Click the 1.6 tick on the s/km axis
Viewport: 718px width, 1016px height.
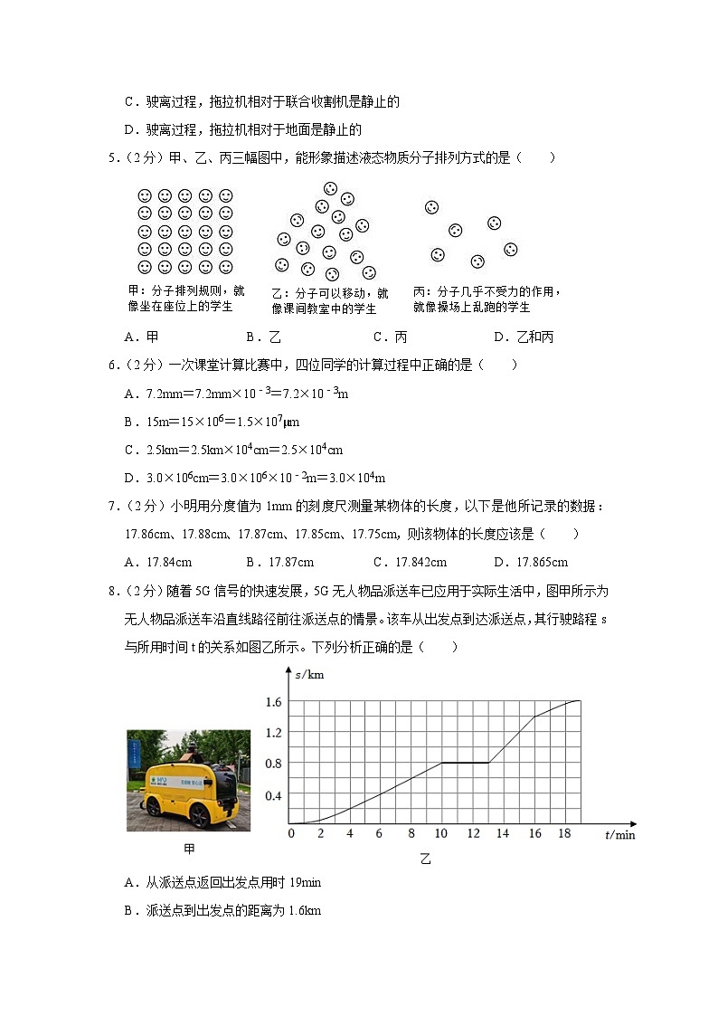pyautogui.click(x=273, y=701)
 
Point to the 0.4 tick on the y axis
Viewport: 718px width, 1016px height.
pyautogui.click(x=273, y=795)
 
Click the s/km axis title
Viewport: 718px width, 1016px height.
pyautogui.click(x=308, y=674)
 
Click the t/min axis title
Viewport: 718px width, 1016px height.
pyautogui.click(x=620, y=835)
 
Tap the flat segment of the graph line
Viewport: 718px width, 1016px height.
pyautogui.click(x=465, y=763)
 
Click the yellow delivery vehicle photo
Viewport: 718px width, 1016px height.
pyautogui.click(x=188, y=780)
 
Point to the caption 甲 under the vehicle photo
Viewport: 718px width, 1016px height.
pyautogui.click(x=189, y=850)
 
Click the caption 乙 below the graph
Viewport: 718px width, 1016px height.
pyautogui.click(x=425, y=859)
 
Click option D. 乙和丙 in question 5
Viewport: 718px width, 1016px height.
pyautogui.click(x=524, y=337)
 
